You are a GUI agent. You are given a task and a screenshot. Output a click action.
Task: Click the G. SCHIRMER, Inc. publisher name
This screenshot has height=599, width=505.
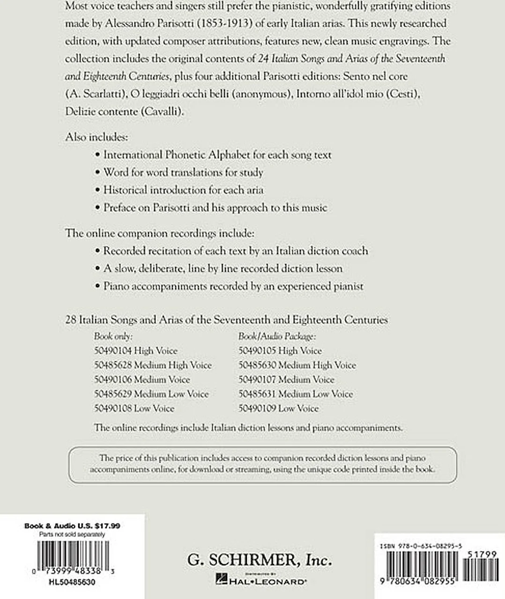click(x=260, y=559)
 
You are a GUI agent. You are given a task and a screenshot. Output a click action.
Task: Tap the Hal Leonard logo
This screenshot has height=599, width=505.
click(x=260, y=579)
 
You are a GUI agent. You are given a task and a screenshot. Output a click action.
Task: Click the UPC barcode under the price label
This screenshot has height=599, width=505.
click(x=72, y=555)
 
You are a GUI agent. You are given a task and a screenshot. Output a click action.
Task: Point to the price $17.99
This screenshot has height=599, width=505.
click(x=107, y=526)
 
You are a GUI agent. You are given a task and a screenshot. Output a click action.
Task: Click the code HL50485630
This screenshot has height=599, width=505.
click(x=72, y=582)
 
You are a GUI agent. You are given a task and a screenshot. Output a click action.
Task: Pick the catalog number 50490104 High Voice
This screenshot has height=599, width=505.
click(x=136, y=351)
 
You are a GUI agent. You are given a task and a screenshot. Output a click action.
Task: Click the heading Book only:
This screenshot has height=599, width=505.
click(x=113, y=336)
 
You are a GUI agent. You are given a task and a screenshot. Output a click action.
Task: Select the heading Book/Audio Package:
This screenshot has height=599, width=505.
click(x=277, y=336)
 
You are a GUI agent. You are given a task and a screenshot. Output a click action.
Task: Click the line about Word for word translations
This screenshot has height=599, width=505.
click(x=183, y=172)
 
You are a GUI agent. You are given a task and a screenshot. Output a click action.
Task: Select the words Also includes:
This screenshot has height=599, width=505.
click(x=97, y=137)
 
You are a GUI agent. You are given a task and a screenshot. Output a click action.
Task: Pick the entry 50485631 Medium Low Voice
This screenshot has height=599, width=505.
click(x=296, y=394)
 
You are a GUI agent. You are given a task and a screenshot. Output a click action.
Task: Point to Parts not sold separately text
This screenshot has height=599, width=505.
click(x=72, y=534)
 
